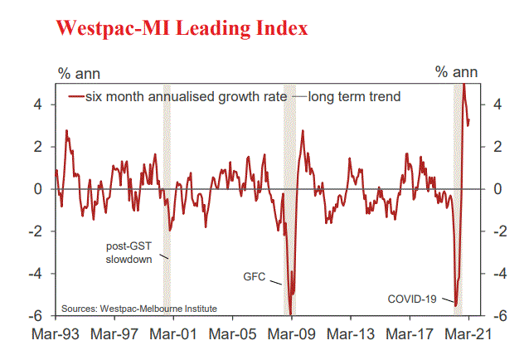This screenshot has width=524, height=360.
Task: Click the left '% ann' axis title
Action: [x=77, y=73]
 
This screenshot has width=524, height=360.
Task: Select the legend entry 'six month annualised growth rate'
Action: [x=179, y=96]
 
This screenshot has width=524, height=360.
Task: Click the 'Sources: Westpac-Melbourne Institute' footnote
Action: [x=138, y=309]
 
